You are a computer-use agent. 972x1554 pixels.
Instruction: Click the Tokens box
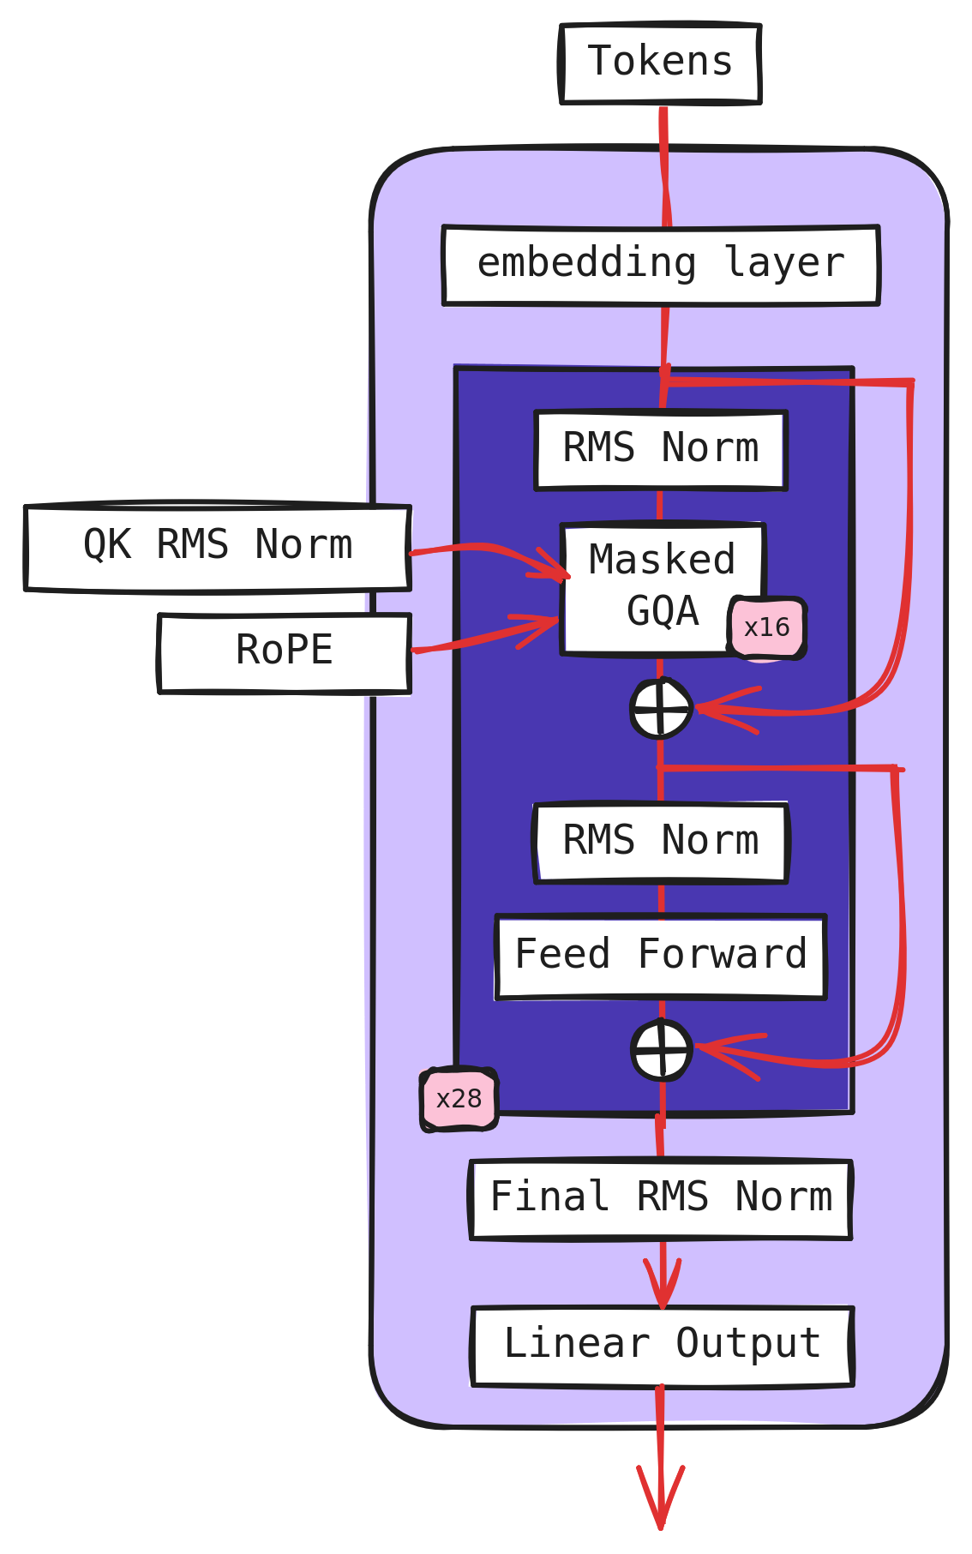[660, 63]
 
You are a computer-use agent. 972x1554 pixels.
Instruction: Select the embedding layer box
[661, 265]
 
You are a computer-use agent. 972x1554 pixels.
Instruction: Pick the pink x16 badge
[766, 628]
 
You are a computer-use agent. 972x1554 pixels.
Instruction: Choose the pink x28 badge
[459, 1099]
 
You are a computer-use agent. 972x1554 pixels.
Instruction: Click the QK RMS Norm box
[218, 547]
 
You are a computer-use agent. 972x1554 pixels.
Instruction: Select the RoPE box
[285, 651]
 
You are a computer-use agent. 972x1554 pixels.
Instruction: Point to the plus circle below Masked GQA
[661, 709]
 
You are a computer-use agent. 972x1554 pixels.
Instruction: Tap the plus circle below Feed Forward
[661, 1050]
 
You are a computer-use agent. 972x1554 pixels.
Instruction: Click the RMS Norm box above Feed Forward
[661, 842]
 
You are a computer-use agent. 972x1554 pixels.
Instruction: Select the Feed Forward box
[661, 956]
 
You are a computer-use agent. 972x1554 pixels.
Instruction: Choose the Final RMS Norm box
[661, 1198]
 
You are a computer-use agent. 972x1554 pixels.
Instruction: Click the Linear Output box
[663, 1345]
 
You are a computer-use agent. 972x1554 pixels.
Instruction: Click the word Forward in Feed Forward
[723, 956]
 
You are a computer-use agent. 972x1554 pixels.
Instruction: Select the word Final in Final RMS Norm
[549, 1198]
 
